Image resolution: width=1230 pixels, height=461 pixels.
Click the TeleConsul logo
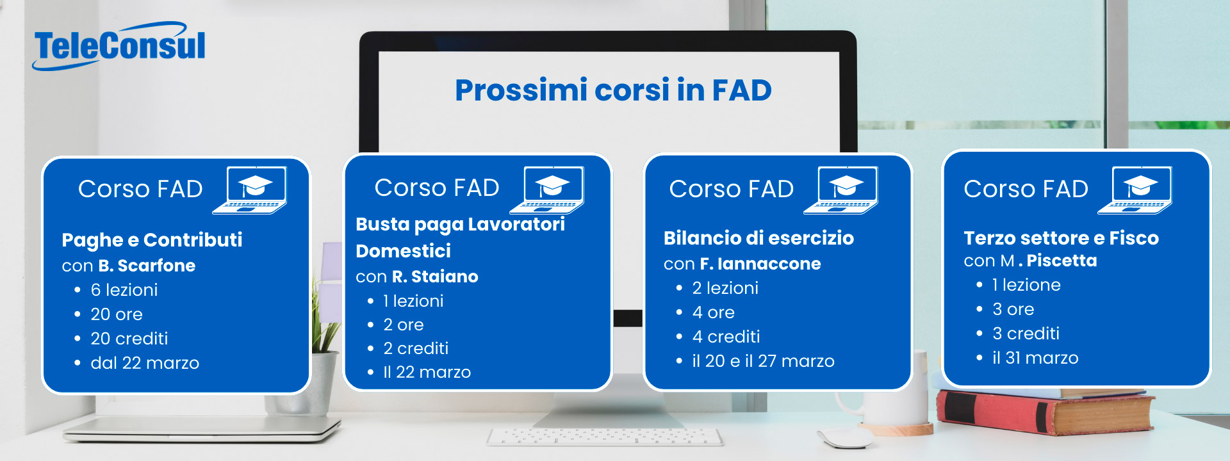[119, 46]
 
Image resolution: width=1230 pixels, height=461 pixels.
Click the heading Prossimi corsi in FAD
[613, 90]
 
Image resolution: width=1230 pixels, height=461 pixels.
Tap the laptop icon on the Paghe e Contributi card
[250, 190]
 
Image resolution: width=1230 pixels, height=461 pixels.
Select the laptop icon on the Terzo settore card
[1135, 190]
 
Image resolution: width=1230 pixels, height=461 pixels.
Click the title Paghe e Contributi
[152, 240]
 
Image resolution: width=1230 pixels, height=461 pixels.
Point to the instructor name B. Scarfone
[147, 266]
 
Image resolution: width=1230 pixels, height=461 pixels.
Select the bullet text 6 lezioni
[124, 290]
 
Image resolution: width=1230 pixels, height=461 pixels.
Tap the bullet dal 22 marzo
[145, 363]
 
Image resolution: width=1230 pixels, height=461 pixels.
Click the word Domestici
[403, 251]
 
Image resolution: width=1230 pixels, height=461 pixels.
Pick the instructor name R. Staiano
[435, 277]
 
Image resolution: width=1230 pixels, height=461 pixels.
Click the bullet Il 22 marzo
[427, 372]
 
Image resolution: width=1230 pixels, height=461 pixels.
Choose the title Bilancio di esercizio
[758, 238]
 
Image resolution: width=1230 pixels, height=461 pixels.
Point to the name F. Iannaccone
[760, 264]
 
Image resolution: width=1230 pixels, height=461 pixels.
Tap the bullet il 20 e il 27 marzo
[763, 361]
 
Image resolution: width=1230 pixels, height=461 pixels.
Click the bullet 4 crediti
[726, 337]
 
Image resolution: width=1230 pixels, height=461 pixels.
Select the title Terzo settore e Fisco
[1061, 238]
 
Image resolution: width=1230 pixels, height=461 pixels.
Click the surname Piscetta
[1062, 261]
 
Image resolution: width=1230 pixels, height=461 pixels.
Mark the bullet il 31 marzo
[1035, 358]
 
